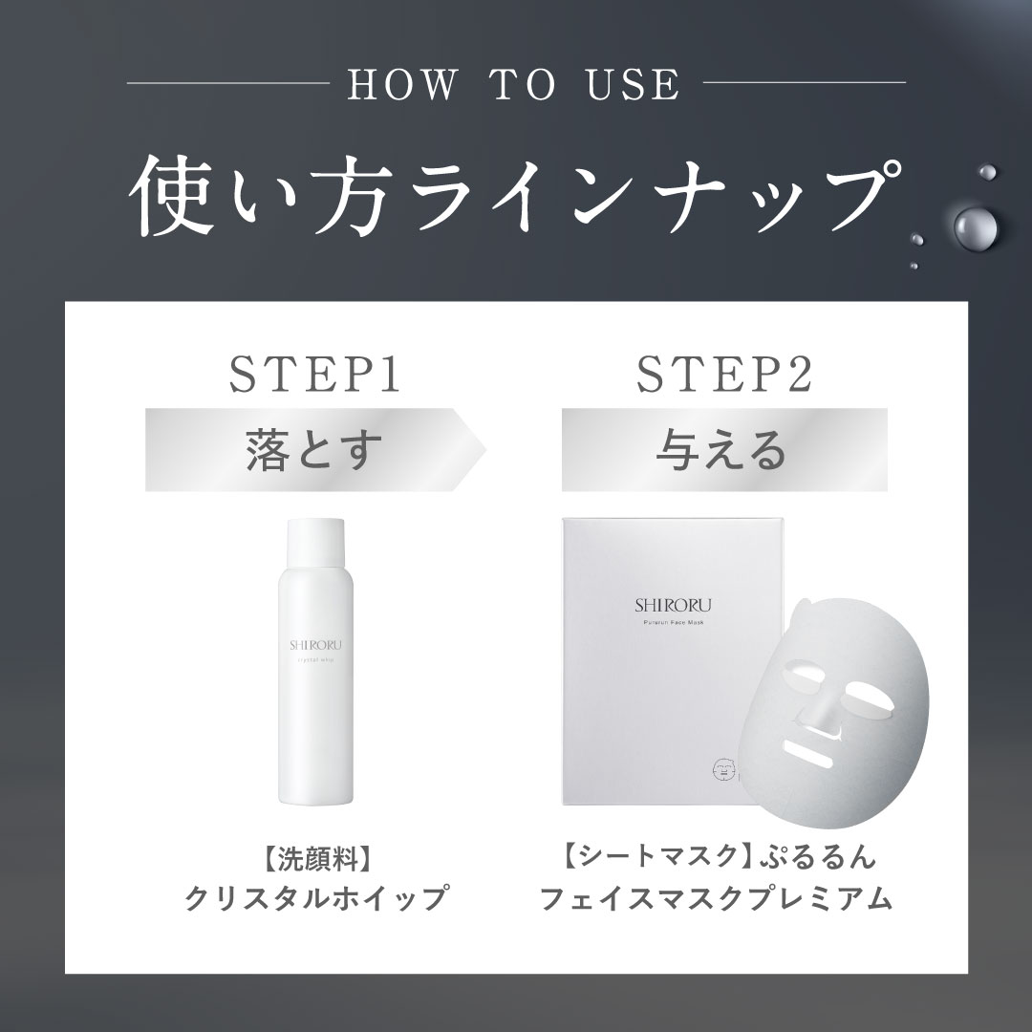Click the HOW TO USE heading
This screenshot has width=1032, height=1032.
coord(515,84)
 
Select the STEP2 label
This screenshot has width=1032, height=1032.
coord(723,375)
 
